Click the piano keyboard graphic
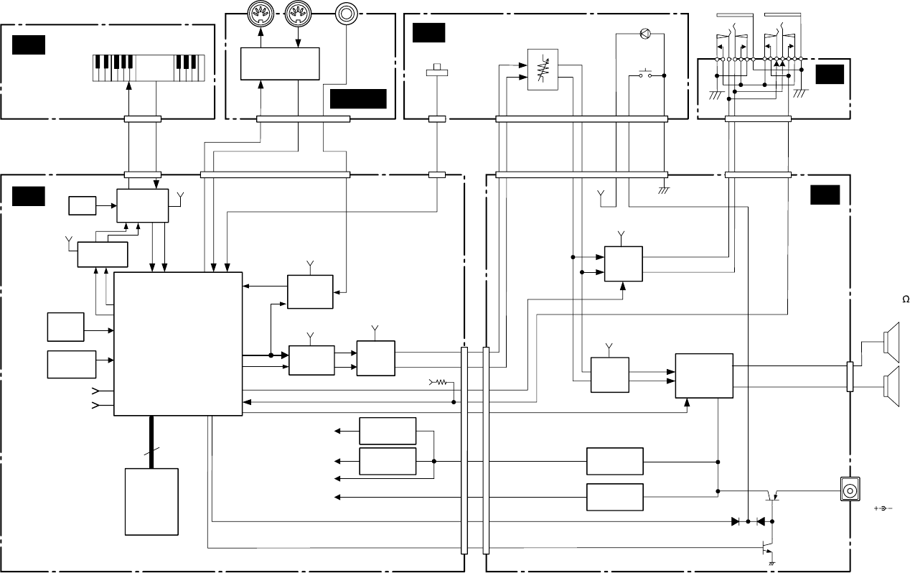(149, 68)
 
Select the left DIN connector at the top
(261, 14)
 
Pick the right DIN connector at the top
(298, 14)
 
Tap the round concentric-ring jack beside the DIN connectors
(347, 14)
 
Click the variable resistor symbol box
(543, 70)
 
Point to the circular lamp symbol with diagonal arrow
(645, 34)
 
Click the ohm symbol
(906, 299)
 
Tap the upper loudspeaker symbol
(891, 343)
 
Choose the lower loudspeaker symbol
(891, 386)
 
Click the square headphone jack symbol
(850, 489)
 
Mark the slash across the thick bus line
(151, 451)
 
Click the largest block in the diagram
(178, 344)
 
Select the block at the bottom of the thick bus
(151, 502)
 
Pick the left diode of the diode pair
(735, 521)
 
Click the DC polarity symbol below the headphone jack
(883, 508)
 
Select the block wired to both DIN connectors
(280, 64)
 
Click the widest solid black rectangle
(358, 99)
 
